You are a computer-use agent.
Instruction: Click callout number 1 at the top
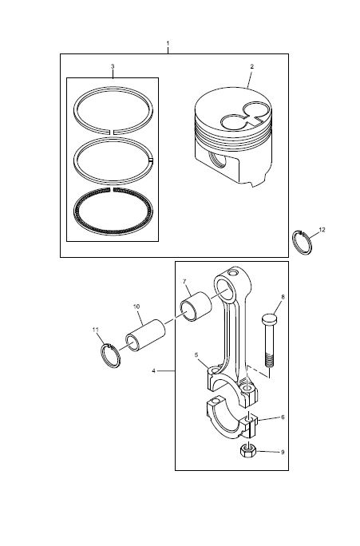168,44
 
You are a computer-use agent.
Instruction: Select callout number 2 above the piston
252,66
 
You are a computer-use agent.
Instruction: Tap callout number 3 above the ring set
113,66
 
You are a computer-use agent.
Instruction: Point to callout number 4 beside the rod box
153,371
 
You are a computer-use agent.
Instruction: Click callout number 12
322,230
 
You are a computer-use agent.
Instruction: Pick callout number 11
96,330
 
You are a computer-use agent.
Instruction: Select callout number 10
136,307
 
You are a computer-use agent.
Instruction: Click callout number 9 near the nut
283,452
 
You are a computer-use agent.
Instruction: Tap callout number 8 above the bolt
283,297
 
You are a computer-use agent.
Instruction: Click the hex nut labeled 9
248,451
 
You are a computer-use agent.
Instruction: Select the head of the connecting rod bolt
270,318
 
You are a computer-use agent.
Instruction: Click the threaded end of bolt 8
269,360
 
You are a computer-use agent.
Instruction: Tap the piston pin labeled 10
145,334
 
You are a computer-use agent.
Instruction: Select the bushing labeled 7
196,307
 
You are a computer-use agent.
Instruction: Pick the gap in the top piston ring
113,132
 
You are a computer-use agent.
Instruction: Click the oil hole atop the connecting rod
234,271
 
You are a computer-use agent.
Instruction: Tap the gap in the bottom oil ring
112,190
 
